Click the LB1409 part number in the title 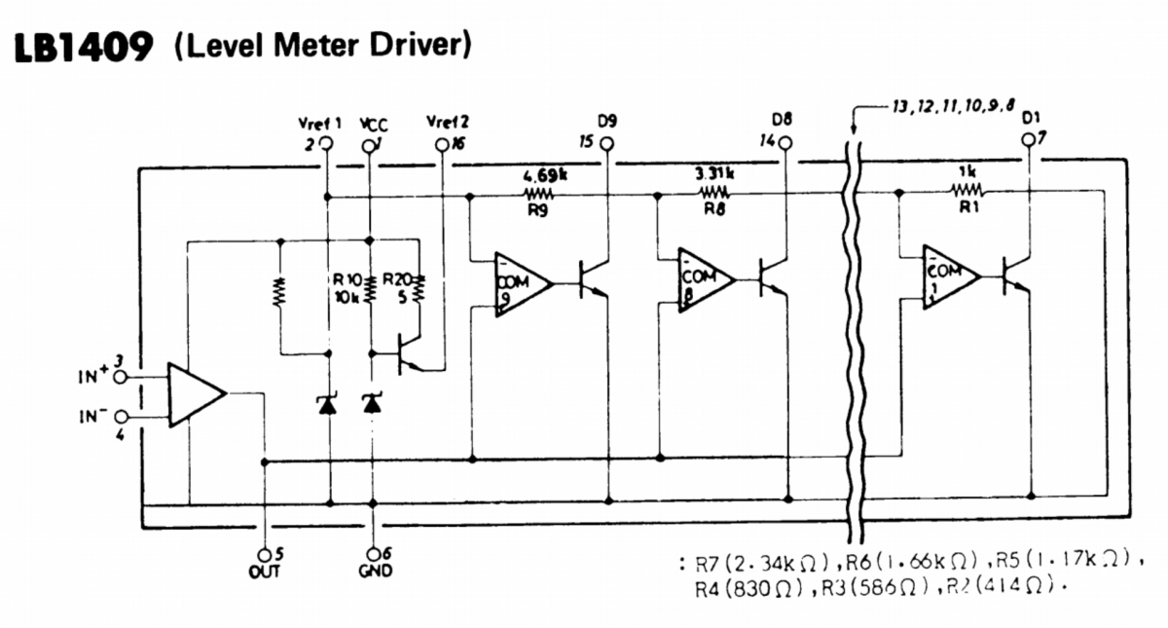tap(82, 47)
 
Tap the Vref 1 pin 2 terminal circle tap(326, 144)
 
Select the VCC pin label tap(373, 124)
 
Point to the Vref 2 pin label tap(448, 123)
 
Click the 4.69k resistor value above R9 tap(543, 175)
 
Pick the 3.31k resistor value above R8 tap(714, 174)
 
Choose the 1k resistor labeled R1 tap(967, 192)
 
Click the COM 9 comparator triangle tap(519, 283)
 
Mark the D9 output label tap(608, 122)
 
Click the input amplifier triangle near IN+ tap(194, 394)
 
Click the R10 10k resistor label tap(347, 288)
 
